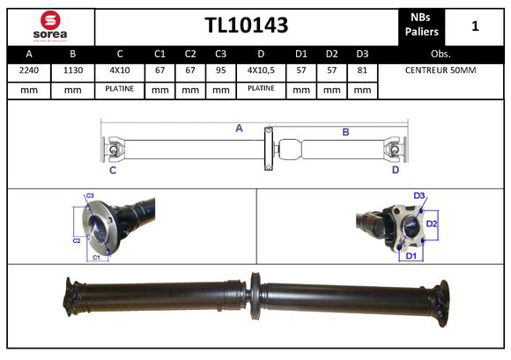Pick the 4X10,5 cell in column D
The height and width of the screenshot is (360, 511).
click(x=261, y=70)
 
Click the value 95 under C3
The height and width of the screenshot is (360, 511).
click(x=221, y=70)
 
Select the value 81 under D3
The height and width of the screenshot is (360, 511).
click(x=361, y=70)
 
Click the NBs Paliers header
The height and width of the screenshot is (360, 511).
click(x=421, y=25)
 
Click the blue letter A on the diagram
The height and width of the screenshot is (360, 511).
click(x=239, y=129)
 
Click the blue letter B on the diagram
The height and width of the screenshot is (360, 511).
click(x=345, y=132)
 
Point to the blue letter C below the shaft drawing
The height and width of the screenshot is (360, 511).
click(x=113, y=170)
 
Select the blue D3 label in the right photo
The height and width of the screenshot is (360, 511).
click(x=419, y=195)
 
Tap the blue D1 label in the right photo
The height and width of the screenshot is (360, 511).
click(x=410, y=255)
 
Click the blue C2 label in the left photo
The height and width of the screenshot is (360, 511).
click(x=76, y=239)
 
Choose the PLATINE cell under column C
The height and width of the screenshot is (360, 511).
click(x=119, y=89)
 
